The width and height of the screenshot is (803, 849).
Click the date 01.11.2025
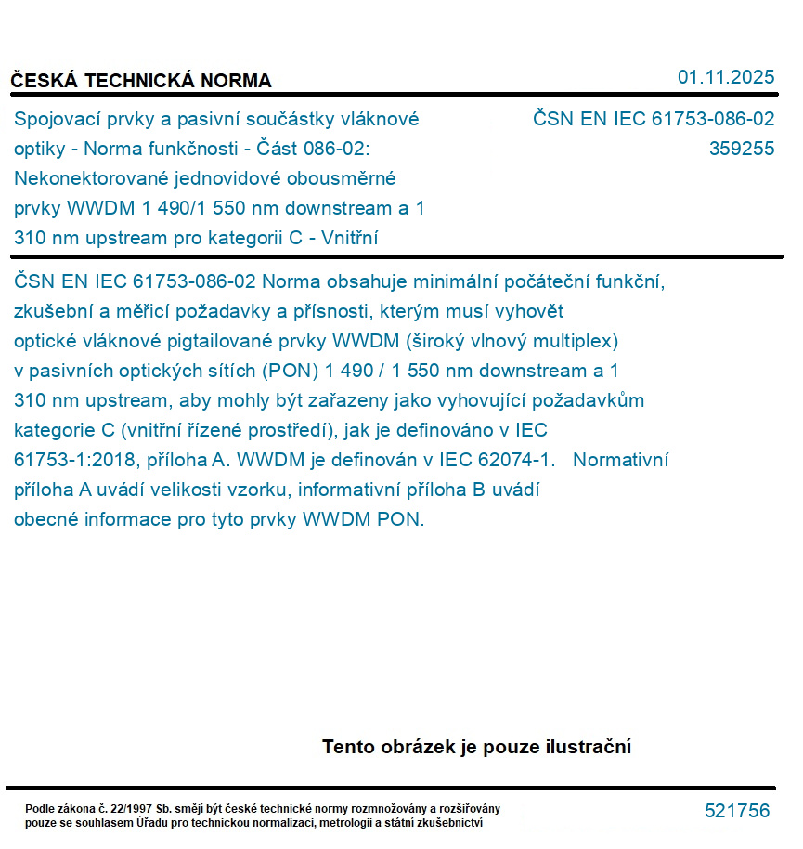(x=726, y=77)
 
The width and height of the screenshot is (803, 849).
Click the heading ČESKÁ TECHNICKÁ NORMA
(x=141, y=81)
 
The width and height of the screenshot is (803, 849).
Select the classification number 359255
(x=741, y=149)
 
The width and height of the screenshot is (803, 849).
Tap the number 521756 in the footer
(x=737, y=811)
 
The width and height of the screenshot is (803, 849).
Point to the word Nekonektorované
(x=84, y=178)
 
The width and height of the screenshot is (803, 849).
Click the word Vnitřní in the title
(x=347, y=238)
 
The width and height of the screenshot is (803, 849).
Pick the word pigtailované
(x=233, y=341)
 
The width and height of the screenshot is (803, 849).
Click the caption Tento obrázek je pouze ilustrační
(x=476, y=747)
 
